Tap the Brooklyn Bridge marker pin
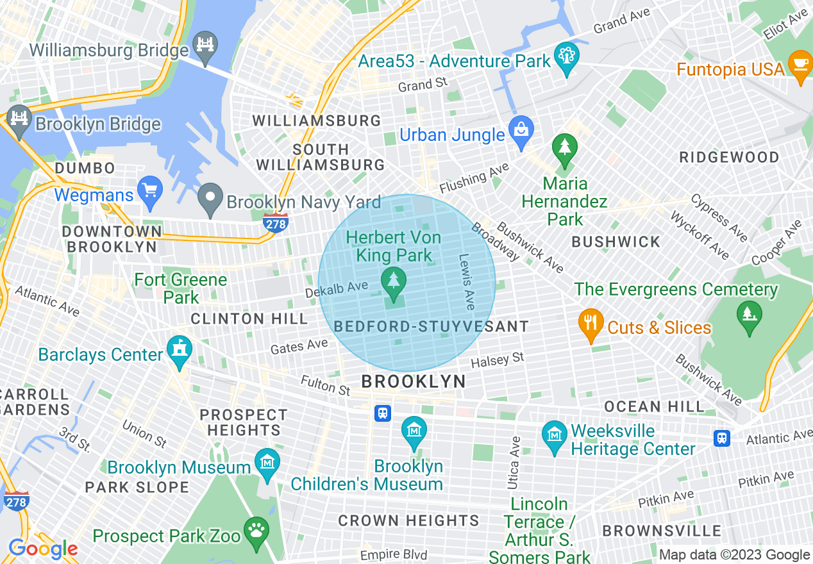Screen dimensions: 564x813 [19, 120]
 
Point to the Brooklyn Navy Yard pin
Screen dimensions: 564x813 [210, 199]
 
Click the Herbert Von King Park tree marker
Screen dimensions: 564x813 [393, 283]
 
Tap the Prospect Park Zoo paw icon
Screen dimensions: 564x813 [256, 533]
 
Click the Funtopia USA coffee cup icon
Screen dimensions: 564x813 [800, 66]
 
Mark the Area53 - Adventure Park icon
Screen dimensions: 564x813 [567, 58]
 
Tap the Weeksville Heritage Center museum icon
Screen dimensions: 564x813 [555, 436]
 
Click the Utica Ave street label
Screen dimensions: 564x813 [514, 463]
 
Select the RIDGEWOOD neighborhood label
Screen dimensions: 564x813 [729, 158]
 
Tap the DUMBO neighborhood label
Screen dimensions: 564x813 [85, 169]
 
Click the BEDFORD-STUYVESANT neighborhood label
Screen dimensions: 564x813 [431, 327]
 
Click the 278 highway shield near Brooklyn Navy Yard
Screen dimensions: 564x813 [275, 222]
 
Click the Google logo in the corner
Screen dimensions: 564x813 [43, 549]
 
